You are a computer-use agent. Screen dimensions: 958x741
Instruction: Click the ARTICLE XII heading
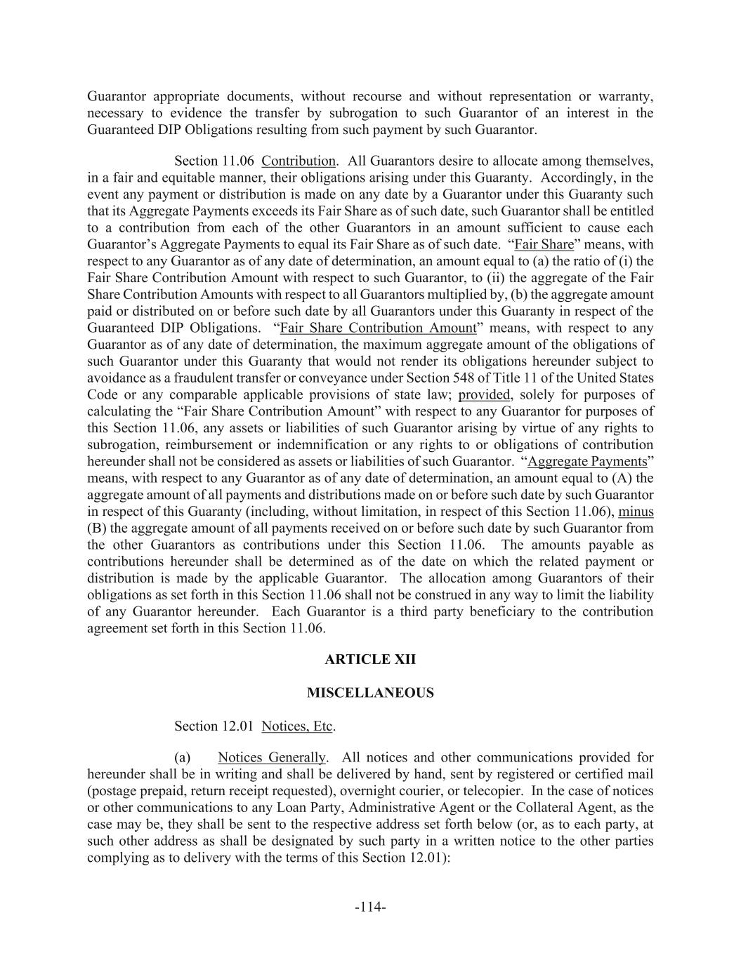(x=370, y=660)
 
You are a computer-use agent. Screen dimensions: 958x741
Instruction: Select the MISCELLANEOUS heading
(x=370, y=693)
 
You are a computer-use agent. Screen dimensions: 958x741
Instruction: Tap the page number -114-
(x=370, y=907)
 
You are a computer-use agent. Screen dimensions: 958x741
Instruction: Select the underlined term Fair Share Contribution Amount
(x=378, y=328)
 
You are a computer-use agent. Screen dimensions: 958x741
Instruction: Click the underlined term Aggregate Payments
(x=586, y=462)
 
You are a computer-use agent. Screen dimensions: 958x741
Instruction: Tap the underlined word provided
(x=484, y=395)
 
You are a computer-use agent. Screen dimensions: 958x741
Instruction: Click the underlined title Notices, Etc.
(x=297, y=726)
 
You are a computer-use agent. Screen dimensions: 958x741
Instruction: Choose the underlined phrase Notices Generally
(x=272, y=758)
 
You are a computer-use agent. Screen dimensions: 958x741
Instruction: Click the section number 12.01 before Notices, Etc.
(x=238, y=726)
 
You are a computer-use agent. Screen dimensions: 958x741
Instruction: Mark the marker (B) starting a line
(x=96, y=528)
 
